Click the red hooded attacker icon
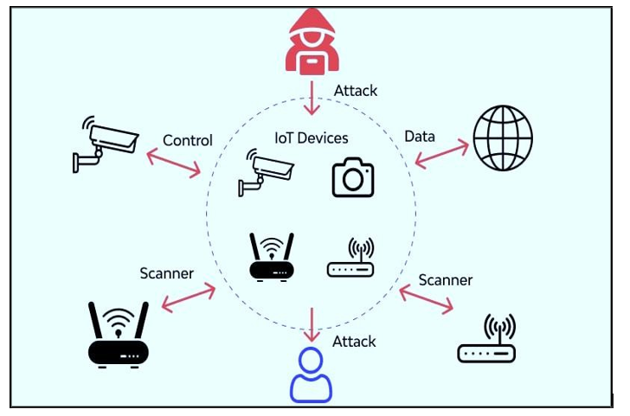point(312,43)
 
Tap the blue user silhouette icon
point(311,375)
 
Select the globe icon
point(503,138)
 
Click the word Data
point(420,136)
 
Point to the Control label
point(188,140)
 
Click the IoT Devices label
point(312,138)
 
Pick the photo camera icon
point(353,177)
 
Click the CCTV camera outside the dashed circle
point(105,143)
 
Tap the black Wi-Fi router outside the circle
point(119,334)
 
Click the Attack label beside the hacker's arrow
point(356,90)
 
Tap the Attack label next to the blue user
point(354,342)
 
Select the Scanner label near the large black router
point(167,273)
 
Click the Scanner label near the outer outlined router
point(446,280)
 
